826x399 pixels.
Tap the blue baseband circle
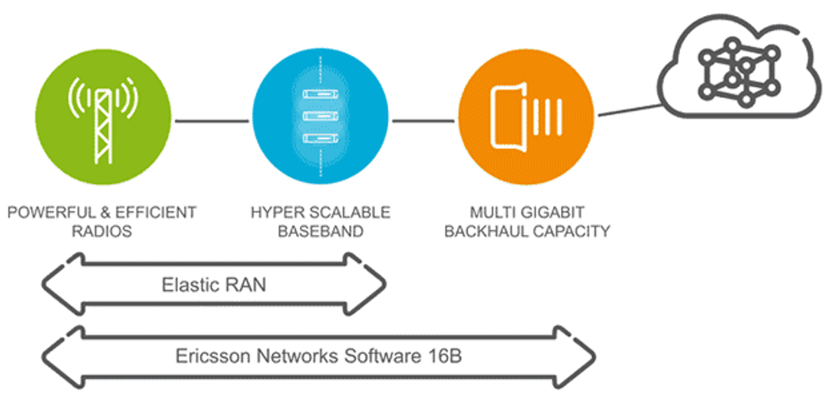click(x=320, y=120)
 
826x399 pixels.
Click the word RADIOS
click(x=102, y=232)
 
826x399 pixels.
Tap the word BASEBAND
click(x=320, y=232)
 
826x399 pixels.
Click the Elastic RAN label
click(x=213, y=284)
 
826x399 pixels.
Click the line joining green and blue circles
click(x=211, y=121)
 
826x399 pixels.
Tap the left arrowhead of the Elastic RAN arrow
click(x=59, y=284)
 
